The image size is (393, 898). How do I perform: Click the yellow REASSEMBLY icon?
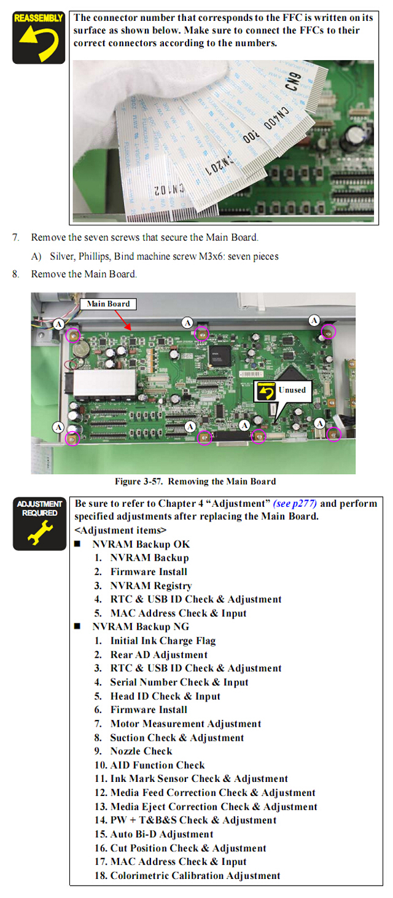[39, 37]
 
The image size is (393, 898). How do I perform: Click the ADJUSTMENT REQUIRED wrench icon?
[39, 523]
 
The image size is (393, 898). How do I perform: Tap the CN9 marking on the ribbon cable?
[293, 81]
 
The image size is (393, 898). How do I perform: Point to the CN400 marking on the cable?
[276, 118]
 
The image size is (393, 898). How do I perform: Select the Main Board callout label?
[108, 304]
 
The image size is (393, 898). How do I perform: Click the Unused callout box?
[283, 391]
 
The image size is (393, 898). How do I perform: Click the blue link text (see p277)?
[295, 504]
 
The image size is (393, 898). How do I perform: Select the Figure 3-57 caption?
[195, 482]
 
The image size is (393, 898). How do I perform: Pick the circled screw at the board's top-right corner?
[329, 332]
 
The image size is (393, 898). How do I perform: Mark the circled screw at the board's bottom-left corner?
[72, 439]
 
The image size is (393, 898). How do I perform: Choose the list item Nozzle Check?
[141, 751]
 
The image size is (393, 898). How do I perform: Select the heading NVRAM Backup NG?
[141, 627]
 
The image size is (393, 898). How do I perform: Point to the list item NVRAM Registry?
[151, 586]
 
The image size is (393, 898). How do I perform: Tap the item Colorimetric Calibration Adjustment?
[195, 875]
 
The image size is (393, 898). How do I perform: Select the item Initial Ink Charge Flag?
[163, 641]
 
